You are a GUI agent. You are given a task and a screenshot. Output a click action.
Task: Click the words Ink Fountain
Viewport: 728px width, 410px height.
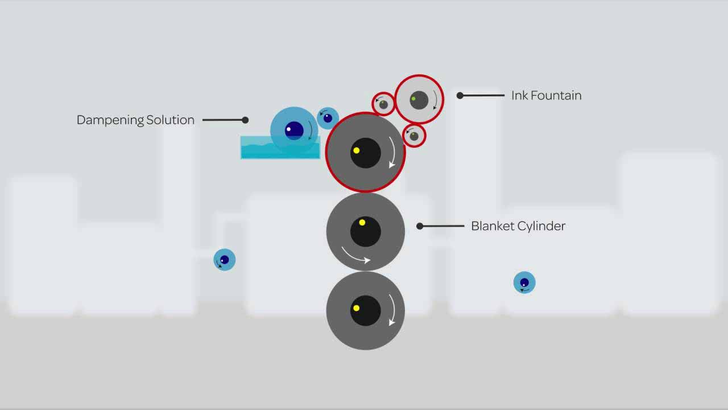click(x=546, y=96)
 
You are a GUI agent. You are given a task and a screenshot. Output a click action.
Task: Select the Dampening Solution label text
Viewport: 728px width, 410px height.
click(x=135, y=120)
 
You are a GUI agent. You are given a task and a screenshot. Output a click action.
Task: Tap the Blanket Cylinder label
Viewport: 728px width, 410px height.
click(x=518, y=226)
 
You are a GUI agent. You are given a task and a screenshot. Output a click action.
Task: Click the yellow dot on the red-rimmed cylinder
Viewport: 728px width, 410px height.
click(x=357, y=150)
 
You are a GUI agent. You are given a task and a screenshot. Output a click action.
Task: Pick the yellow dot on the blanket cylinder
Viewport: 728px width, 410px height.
click(x=362, y=223)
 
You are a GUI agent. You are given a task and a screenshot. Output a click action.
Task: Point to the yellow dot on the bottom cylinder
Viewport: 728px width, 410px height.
click(x=356, y=308)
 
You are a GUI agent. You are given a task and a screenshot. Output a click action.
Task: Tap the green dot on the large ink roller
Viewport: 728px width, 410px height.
click(x=413, y=99)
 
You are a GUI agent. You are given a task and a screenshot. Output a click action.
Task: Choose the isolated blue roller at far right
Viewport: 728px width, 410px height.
click(x=524, y=282)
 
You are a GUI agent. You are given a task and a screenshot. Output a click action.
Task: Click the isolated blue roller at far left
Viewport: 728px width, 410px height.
click(x=224, y=260)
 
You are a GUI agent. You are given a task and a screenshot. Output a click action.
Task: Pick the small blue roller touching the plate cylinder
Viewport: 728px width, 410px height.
click(x=328, y=118)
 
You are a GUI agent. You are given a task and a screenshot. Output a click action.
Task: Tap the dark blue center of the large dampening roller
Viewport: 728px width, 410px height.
click(x=293, y=130)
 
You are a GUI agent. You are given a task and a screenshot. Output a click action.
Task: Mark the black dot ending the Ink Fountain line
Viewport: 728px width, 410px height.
click(x=460, y=96)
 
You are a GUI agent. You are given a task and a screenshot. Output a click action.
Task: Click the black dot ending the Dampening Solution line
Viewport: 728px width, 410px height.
click(x=245, y=120)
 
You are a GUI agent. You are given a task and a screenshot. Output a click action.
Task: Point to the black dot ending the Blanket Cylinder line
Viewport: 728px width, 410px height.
click(x=420, y=226)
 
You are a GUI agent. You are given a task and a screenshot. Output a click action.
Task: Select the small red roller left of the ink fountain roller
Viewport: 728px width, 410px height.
click(x=383, y=104)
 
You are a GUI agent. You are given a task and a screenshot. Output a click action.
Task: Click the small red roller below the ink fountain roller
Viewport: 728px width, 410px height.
click(x=414, y=136)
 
